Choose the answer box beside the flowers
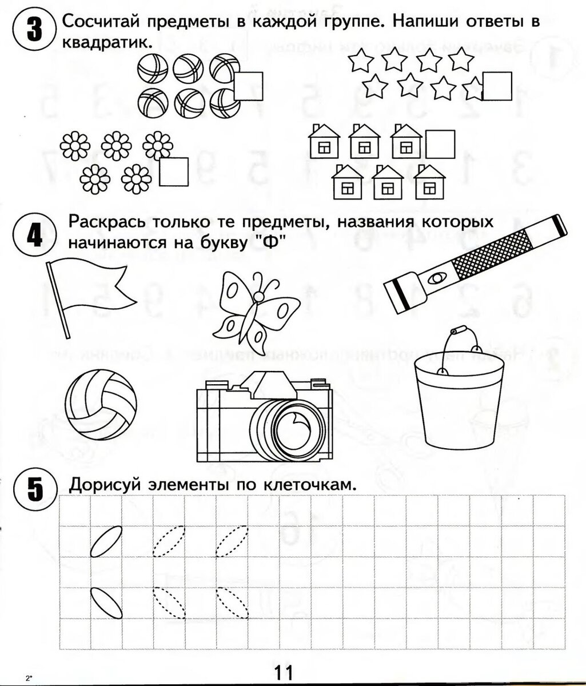click(x=173, y=171)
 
